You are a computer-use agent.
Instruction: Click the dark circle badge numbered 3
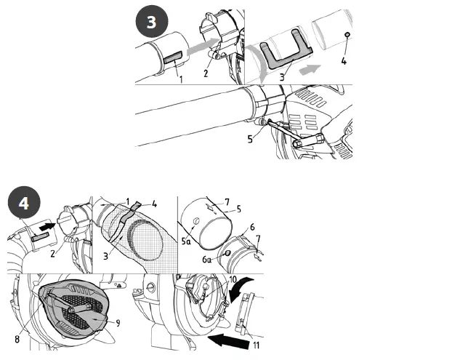[151, 22]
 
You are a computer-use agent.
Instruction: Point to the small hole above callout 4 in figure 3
[347, 35]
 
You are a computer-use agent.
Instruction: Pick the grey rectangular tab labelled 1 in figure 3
[173, 56]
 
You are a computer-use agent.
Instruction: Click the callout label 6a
[209, 259]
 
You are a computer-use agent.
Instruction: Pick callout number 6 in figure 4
[251, 227]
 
